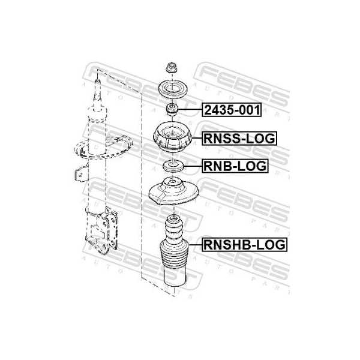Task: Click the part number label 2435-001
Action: pos(232,110)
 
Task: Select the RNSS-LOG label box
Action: pos(239,138)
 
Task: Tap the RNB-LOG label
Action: pos(235,166)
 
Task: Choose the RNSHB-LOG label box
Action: pos(245,245)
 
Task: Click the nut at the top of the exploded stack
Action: pos(171,67)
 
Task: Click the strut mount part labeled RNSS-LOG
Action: pos(172,137)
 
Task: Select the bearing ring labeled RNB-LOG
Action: pos(173,166)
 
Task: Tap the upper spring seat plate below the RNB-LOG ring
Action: pos(174,191)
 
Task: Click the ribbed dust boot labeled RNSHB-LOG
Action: pos(174,251)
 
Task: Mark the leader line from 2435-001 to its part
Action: pos(190,110)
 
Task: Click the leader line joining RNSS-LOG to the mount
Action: pos(197,138)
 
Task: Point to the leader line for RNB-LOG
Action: pos(193,166)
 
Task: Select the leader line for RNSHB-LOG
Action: pos(195,245)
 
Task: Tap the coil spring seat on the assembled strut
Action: pos(103,147)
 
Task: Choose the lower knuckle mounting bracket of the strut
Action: pos(102,230)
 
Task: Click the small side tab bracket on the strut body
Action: pos(81,175)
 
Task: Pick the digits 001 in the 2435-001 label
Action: pos(249,110)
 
